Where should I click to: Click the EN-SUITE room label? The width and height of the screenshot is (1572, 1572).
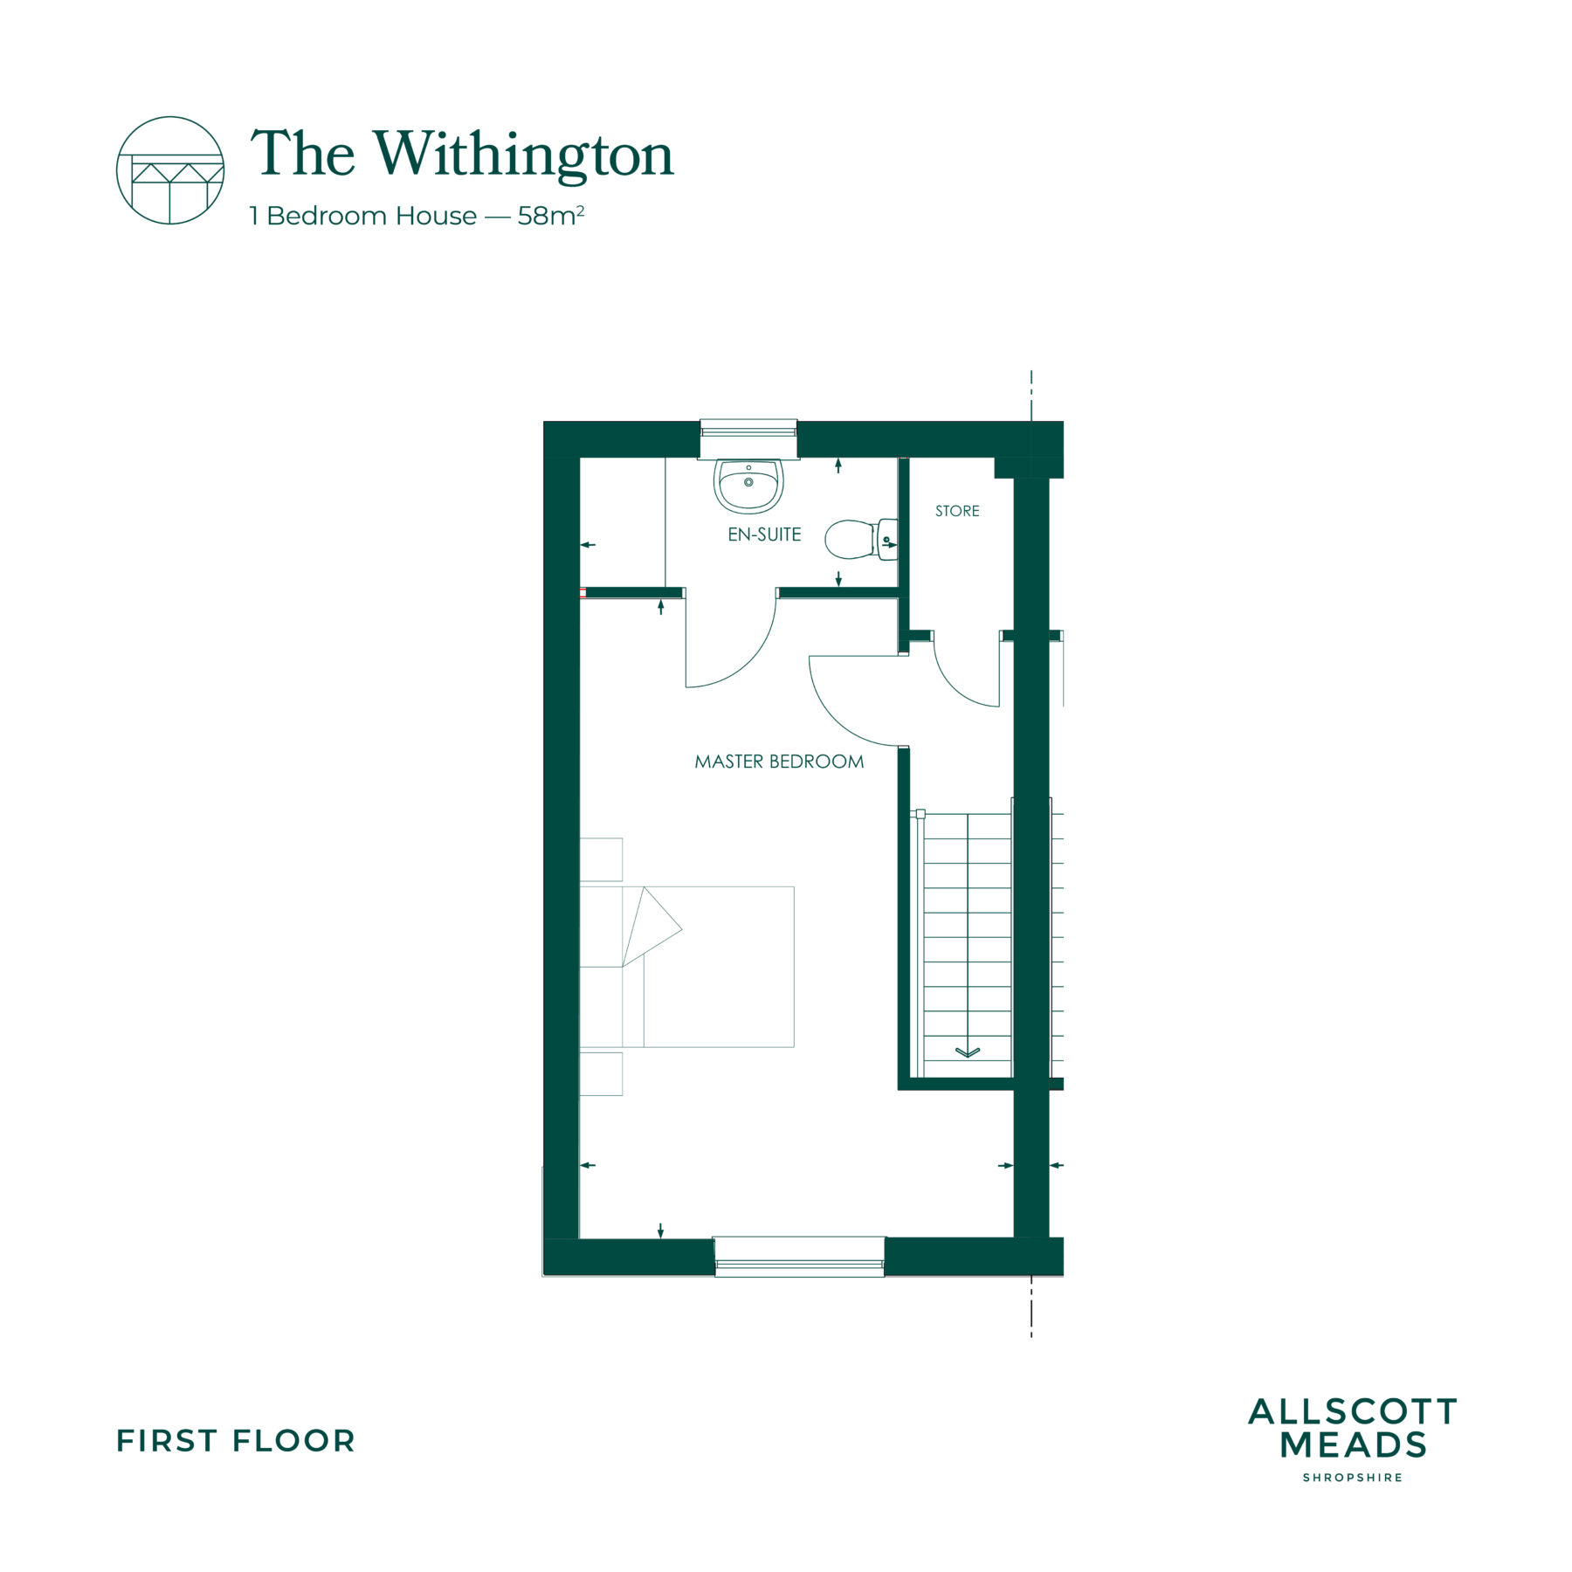764,534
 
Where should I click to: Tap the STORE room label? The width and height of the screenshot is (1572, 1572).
957,511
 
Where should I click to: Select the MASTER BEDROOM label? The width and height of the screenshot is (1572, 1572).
779,762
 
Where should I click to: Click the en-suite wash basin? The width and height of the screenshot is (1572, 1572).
748,486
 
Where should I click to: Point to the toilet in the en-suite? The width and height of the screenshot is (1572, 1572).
861,540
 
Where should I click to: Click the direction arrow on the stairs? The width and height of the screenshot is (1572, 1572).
968,1051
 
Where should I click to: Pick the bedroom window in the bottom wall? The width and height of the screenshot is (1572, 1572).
799,1257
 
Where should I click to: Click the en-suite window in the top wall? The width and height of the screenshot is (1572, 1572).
748,438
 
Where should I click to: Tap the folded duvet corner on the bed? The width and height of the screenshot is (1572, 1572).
651,927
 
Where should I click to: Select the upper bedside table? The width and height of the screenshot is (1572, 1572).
601,859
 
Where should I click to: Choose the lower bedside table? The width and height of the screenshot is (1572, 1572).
601,1073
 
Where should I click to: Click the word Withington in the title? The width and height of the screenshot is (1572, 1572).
525,155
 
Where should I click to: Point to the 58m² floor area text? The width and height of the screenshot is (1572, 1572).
551,215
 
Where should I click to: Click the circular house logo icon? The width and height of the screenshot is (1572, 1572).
170,170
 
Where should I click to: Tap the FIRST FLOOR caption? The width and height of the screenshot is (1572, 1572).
236,1441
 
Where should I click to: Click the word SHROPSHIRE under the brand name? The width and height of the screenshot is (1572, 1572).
1353,1478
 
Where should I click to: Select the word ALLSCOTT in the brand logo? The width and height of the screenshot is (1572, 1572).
1353,1411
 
